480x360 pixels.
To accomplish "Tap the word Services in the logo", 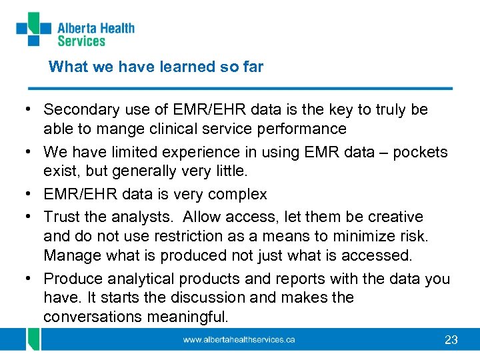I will coord(81,41).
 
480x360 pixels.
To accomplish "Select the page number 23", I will coord(451,340).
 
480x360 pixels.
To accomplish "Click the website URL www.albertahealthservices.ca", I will coord(239,340).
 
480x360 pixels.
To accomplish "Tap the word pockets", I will coord(420,152).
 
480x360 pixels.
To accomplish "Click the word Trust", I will coord(61,217).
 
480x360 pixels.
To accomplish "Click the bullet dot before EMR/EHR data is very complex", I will coord(31,195).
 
